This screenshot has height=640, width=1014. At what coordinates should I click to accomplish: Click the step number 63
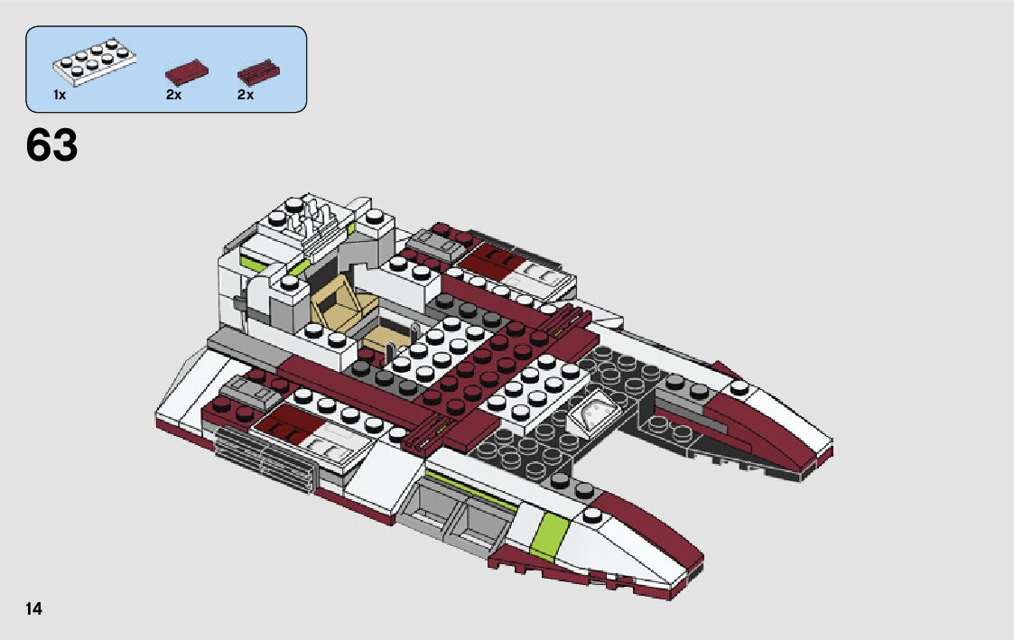click(x=52, y=146)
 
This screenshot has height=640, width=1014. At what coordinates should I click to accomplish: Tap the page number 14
click(x=34, y=608)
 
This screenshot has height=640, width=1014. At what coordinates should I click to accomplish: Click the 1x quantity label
click(x=60, y=95)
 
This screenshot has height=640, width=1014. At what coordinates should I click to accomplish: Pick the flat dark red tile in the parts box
click(x=186, y=72)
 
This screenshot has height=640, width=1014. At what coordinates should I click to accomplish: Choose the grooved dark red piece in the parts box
click(x=257, y=71)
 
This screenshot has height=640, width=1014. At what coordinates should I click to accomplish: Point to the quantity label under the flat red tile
click(x=173, y=95)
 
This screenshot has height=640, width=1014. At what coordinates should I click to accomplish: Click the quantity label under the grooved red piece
click(x=245, y=95)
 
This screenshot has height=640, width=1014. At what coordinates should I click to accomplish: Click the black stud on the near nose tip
click(x=592, y=516)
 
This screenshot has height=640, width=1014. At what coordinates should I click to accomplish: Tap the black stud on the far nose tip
click(x=740, y=389)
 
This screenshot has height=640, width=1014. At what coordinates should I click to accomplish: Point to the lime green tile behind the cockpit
click(x=256, y=262)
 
